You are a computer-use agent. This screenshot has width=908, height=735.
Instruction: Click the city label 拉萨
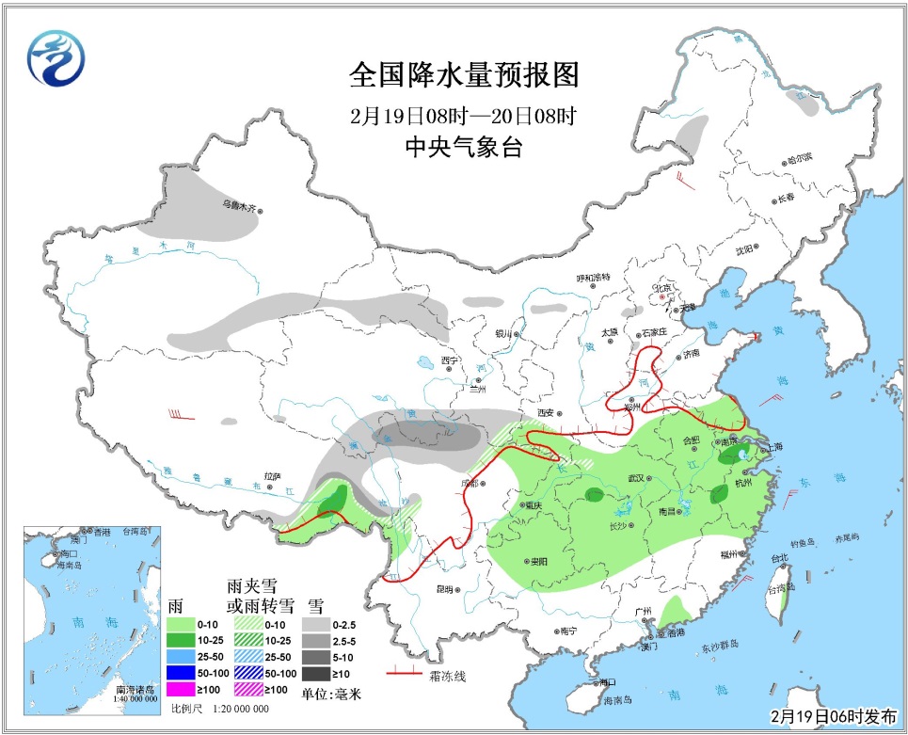(272, 476)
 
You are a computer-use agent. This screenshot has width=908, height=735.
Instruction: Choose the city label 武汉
(631, 479)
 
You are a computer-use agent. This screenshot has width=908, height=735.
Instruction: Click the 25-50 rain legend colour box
(182, 655)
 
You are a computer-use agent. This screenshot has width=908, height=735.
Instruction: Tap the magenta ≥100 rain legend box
(182, 690)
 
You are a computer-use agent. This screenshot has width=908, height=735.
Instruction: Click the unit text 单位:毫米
(331, 695)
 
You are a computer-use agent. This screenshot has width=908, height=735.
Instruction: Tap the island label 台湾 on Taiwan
(778, 587)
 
